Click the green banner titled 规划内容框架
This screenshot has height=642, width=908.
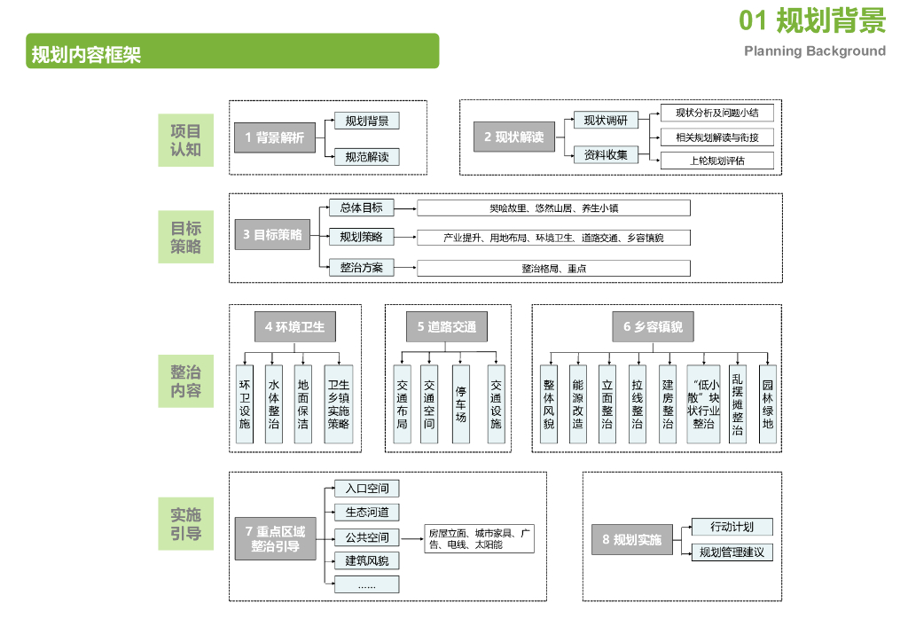pyautogui.click(x=232, y=51)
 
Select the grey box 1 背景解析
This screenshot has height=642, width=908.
pyautogui.click(x=274, y=137)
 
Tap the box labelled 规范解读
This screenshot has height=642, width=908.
pyautogui.click(x=366, y=157)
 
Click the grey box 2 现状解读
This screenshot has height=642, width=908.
pyautogui.click(x=513, y=137)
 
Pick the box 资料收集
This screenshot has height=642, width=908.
pyautogui.click(x=606, y=155)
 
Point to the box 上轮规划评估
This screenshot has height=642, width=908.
pyautogui.click(x=717, y=160)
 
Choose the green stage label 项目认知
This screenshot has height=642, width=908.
pyautogui.click(x=186, y=140)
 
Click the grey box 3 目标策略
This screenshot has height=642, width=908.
pyautogui.click(x=272, y=235)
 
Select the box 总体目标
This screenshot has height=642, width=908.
pyautogui.click(x=361, y=208)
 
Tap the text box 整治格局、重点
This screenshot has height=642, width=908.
pyautogui.click(x=553, y=268)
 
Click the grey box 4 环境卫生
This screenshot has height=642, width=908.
pyautogui.click(x=294, y=326)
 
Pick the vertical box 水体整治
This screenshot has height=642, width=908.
pyautogui.click(x=274, y=403)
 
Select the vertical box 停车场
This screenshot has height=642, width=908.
pyautogui.click(x=460, y=403)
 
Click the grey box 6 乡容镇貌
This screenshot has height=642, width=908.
pyautogui.click(x=653, y=326)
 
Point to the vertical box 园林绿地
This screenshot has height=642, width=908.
pyautogui.click(x=768, y=403)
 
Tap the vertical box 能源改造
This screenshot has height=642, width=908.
pyautogui.click(x=577, y=403)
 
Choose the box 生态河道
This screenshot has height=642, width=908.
pyautogui.click(x=366, y=512)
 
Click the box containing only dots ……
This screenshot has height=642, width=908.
pyautogui.click(x=366, y=584)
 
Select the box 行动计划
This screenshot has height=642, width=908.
pyautogui.click(x=732, y=527)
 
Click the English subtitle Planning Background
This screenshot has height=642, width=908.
pyautogui.click(x=815, y=51)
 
